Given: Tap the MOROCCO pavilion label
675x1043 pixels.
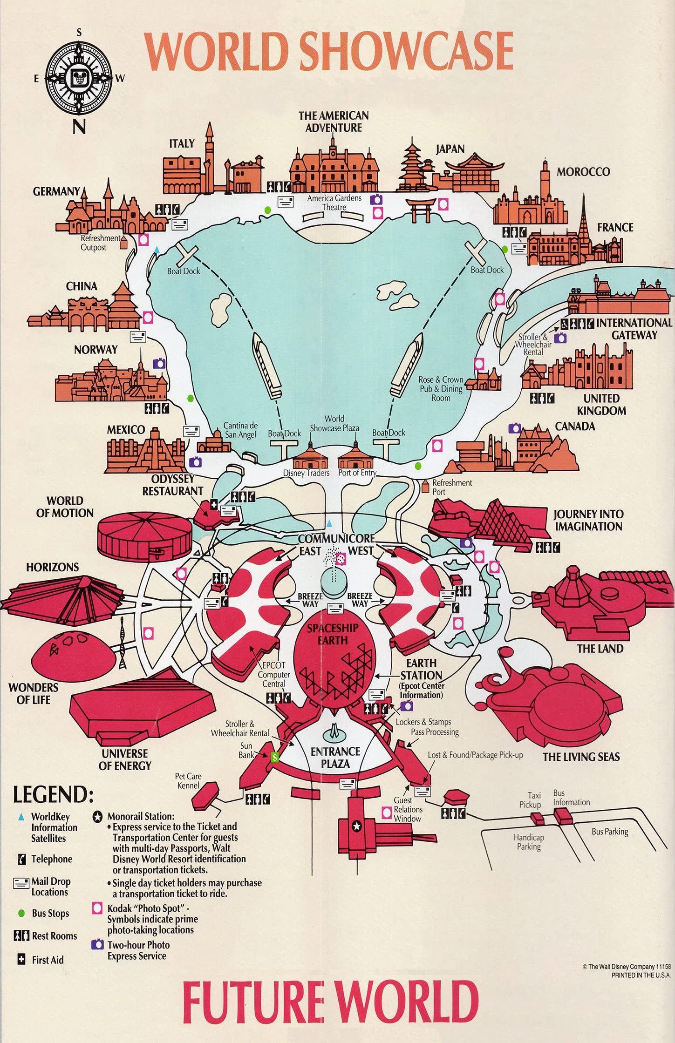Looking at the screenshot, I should [x=583, y=172].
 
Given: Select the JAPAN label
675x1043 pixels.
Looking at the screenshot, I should [x=450, y=149].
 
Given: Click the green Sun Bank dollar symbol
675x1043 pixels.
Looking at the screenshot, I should [x=275, y=757].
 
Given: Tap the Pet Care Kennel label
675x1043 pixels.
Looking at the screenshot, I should [x=188, y=781].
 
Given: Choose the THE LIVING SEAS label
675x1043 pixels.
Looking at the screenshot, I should [x=581, y=757].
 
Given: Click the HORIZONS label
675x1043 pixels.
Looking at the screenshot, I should [x=52, y=567].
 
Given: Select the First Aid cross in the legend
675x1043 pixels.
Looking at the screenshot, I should [x=21, y=960].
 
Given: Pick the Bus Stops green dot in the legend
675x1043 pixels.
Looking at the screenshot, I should [x=21, y=914].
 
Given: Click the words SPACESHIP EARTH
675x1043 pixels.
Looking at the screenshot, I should [x=333, y=634].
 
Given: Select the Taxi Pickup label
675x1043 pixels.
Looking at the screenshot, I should [x=530, y=800].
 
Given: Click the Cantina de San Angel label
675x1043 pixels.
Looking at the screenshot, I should [x=240, y=430].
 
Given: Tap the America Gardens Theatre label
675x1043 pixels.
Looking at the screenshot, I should [x=334, y=203].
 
